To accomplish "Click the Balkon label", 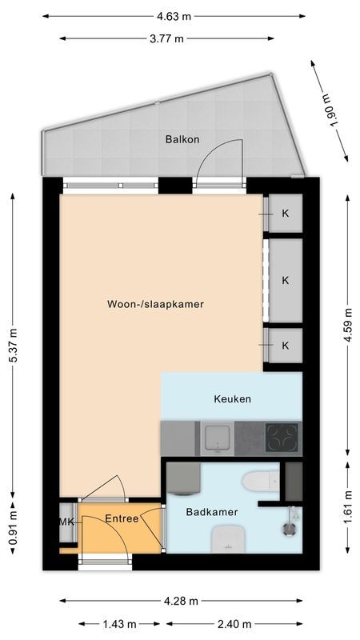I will pos(182,139).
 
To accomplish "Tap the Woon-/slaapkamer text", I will pos(156,304).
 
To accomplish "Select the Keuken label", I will pos(233,398).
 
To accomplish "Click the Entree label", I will pos(122,518).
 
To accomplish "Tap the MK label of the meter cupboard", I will pos(66,522).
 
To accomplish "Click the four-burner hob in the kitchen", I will pos(282,438).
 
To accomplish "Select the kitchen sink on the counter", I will pos(215,438).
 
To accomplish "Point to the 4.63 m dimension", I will pos(174,15).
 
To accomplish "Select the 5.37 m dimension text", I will pos(14,344).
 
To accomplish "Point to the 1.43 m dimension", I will pos(118,624).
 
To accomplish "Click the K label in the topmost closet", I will pos(285,214).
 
